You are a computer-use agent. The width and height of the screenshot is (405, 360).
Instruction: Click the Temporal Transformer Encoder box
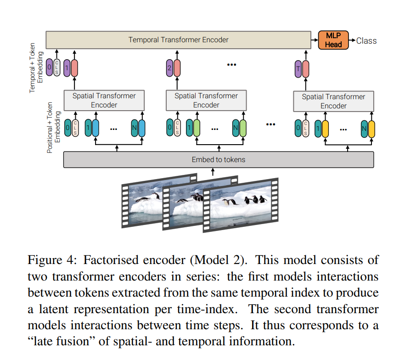178,40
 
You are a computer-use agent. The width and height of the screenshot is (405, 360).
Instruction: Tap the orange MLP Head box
333,40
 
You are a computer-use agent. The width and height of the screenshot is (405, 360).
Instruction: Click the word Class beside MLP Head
366,40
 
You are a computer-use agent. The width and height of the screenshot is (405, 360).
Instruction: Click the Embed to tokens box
218,159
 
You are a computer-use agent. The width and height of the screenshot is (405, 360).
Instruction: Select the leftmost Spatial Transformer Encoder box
104,100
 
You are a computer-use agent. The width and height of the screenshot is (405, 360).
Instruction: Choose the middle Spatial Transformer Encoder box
206,100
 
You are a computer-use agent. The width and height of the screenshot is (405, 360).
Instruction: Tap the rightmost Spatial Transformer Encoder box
333,101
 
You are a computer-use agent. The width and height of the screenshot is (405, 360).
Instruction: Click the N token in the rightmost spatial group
364,129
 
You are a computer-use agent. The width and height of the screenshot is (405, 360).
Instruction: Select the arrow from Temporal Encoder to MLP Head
315,40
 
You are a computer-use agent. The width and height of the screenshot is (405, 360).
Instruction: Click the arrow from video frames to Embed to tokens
213,172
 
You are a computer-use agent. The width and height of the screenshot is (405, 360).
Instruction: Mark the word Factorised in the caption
107,259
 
